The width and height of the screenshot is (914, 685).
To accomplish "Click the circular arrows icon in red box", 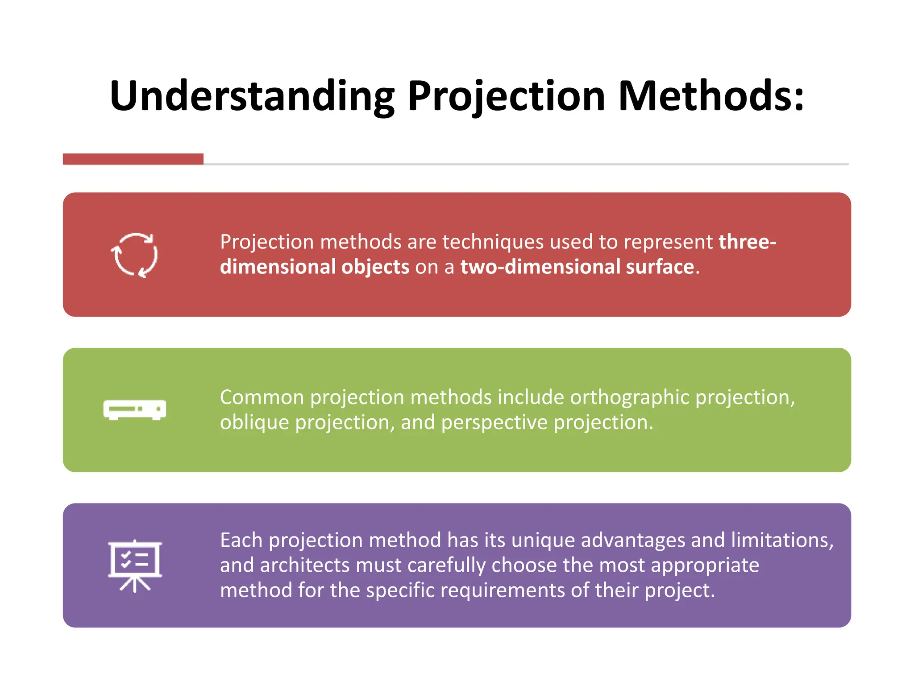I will point(134,255).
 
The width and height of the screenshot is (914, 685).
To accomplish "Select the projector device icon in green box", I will point(135,409).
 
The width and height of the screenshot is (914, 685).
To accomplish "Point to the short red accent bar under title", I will point(133,159).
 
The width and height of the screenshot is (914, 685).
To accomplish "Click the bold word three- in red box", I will point(747,242).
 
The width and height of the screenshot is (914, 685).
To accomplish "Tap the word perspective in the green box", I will point(494,423).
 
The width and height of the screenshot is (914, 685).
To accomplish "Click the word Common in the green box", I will point(262,398).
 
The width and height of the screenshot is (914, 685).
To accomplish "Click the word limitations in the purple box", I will point(782,541).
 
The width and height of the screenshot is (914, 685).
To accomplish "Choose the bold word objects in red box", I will point(375,267).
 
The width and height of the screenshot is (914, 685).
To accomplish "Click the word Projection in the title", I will point(506,96).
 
